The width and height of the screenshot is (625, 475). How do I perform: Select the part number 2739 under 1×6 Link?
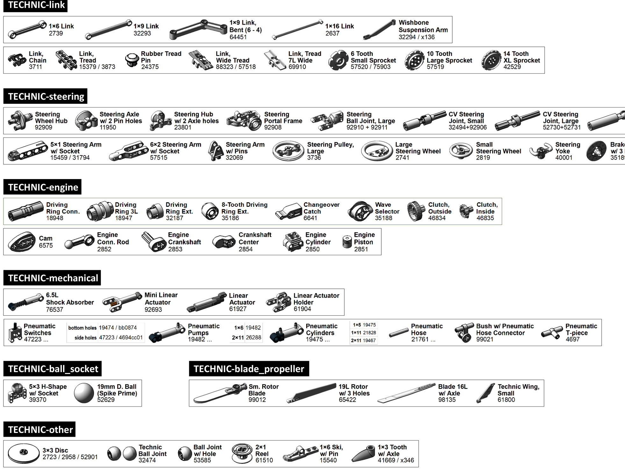point(56,33)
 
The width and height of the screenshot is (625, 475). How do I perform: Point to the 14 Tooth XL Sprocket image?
point(491,60)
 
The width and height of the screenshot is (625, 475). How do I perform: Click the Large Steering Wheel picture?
point(377,151)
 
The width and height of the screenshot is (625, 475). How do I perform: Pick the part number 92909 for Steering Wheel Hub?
point(43,127)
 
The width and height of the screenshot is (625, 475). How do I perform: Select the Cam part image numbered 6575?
point(22,242)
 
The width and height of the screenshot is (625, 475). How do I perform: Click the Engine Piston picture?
point(347,242)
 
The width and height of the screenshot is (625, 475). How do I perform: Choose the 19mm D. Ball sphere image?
point(84,393)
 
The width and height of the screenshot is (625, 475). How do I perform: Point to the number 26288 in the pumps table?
point(253,337)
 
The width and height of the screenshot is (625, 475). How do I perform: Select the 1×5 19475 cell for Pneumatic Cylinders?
point(364,325)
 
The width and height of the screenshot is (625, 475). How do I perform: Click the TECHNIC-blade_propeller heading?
point(249,369)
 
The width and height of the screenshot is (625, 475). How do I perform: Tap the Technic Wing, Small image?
point(485,393)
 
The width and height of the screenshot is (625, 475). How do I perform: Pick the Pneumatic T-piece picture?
point(552,333)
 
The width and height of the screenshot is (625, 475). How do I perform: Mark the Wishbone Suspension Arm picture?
point(379,30)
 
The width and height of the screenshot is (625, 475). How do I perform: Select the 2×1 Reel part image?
point(242,454)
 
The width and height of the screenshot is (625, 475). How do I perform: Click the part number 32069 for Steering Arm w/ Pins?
point(234,158)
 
